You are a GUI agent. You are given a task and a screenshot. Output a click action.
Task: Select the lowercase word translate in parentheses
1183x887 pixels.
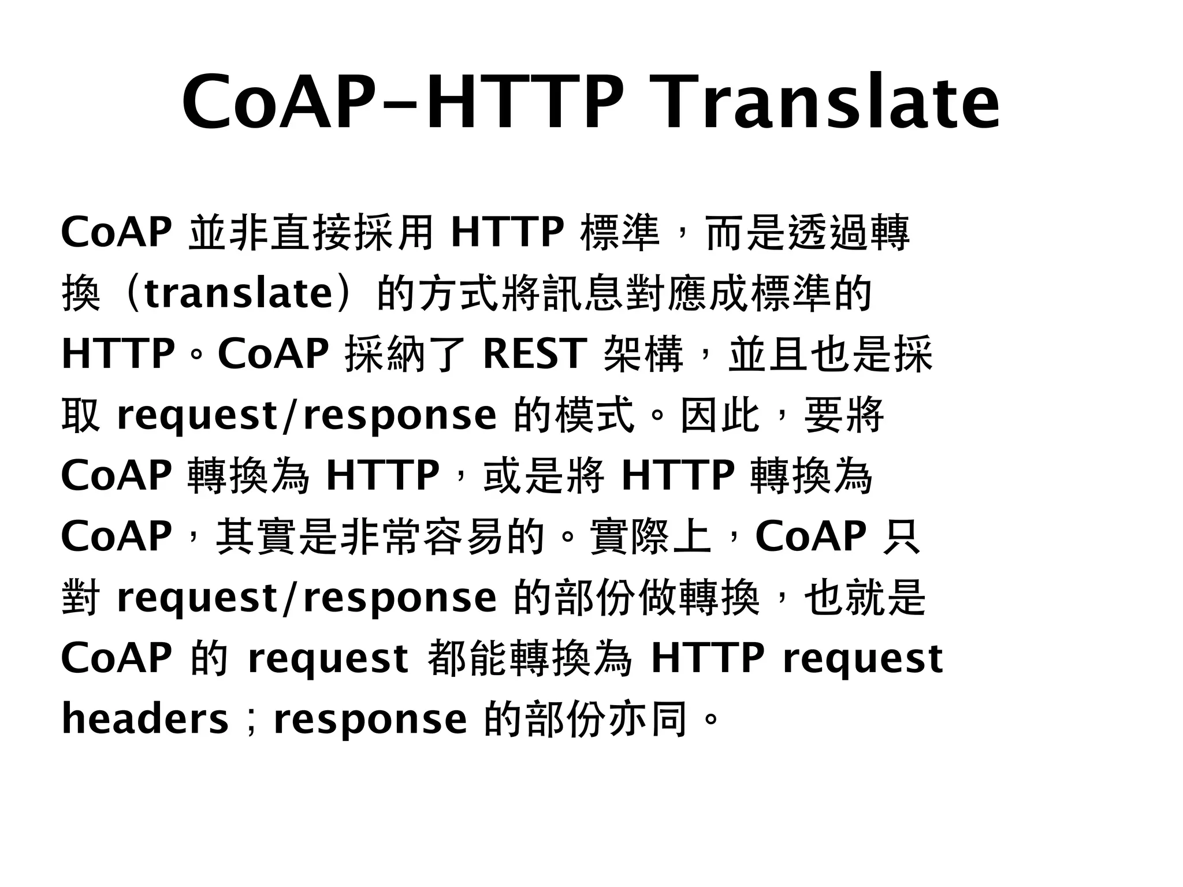point(239,293)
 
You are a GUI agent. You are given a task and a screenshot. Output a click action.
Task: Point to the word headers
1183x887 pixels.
point(145,719)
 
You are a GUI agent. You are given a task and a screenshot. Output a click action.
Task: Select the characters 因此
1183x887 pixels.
point(719,415)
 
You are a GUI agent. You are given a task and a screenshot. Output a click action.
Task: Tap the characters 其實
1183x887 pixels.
point(257,536)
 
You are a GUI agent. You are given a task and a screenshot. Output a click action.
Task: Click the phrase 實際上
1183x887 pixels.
point(650,536)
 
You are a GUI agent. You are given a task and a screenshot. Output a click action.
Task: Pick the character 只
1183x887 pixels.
point(901,536)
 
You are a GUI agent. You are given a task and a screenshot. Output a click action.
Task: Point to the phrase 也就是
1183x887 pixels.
point(865,597)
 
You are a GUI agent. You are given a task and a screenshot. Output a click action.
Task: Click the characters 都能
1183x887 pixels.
point(469,658)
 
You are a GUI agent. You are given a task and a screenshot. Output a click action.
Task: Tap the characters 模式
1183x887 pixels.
point(595,415)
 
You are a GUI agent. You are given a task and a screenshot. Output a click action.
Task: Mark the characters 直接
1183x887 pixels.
point(312,233)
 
